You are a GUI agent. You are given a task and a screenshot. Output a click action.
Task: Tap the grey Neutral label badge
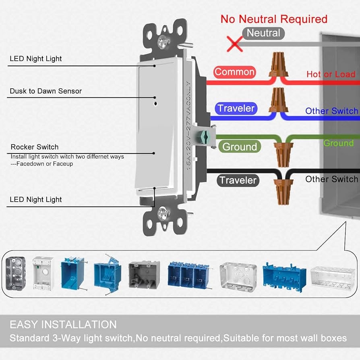click(x=263, y=33)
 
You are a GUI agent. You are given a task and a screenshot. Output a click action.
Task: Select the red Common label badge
click(x=234, y=72)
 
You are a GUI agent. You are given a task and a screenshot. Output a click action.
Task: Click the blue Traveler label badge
click(x=236, y=108)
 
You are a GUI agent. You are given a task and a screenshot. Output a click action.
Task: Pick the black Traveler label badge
click(x=238, y=180)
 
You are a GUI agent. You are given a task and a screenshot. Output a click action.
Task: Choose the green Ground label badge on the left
click(x=240, y=147)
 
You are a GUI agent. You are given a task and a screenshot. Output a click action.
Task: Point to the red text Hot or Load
click(x=331, y=74)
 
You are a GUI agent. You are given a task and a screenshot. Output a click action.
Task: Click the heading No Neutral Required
click(x=274, y=19)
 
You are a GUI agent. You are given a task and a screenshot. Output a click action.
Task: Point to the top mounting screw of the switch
click(x=163, y=40)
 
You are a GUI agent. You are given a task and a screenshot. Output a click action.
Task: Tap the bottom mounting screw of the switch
click(x=163, y=211)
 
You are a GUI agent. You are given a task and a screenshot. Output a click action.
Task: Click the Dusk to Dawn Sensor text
click(x=46, y=91)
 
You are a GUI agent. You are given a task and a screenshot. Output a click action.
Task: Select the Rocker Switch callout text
click(x=35, y=147)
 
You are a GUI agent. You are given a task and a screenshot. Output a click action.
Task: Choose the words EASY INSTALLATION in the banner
click(x=63, y=325)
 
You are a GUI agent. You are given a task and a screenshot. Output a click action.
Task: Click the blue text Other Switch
click(x=331, y=111)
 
